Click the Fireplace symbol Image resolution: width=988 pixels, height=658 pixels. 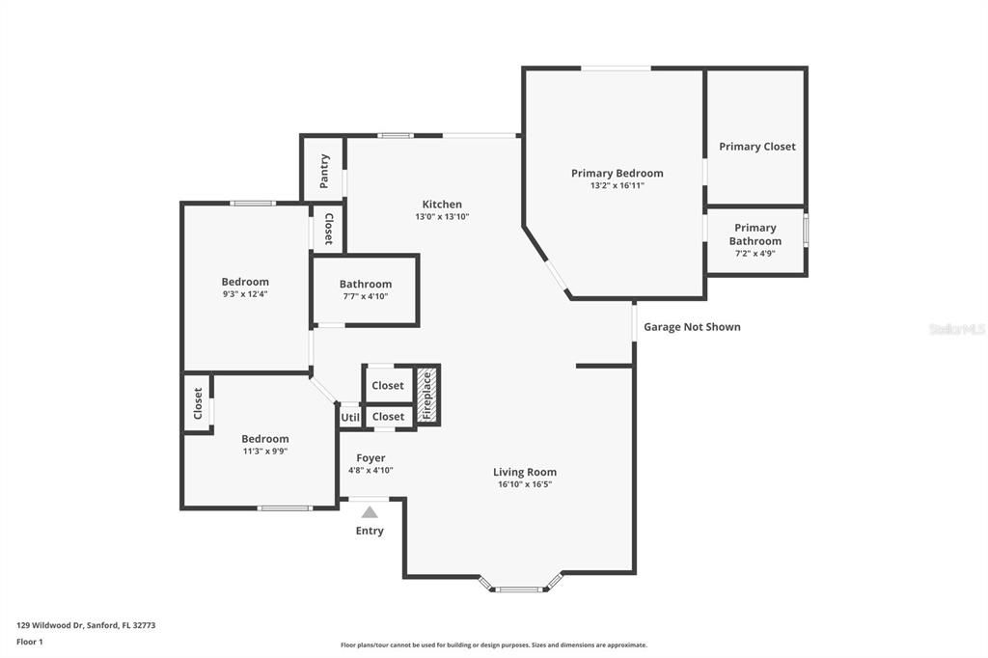point(426,395)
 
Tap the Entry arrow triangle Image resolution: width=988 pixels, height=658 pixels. point(370,512)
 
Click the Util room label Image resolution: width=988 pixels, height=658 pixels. point(349,417)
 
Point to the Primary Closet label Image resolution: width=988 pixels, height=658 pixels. point(757,147)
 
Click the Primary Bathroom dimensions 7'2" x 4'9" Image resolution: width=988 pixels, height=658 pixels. point(755,254)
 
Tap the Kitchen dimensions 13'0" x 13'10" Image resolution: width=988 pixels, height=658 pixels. point(442,217)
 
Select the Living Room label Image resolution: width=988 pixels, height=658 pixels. point(525,472)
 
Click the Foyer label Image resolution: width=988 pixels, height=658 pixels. point(370,458)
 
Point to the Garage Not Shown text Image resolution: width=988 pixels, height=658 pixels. point(692,327)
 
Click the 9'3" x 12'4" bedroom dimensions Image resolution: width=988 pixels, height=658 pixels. point(245,293)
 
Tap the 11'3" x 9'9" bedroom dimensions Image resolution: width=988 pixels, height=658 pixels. point(265,451)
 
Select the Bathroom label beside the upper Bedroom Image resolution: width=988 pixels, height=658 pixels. point(366,284)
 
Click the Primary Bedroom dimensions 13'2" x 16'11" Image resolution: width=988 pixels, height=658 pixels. point(617,185)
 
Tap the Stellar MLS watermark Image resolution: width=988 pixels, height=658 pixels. point(957,329)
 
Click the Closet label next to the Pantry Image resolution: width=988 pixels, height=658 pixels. point(328,230)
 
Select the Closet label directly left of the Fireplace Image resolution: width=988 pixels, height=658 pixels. point(388,385)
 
